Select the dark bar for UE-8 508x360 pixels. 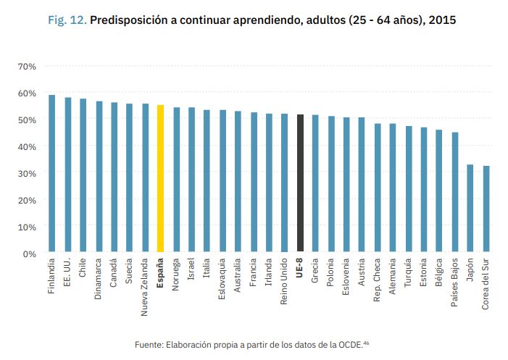300,184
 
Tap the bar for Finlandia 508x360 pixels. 51,174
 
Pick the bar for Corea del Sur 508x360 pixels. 486,209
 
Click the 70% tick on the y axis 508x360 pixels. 27,67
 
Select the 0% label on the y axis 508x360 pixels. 30,254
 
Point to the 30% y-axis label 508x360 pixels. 27,173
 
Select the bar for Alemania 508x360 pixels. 393,188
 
